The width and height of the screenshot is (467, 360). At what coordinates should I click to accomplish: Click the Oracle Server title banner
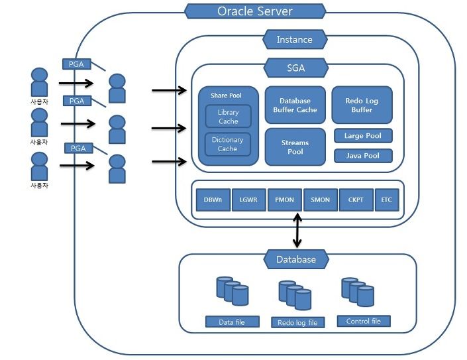click(x=255, y=11)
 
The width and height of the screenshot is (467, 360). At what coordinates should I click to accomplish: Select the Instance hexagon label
click(x=295, y=39)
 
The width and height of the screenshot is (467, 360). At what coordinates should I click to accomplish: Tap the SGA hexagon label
click(x=296, y=68)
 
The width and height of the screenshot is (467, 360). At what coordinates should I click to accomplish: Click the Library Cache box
click(x=228, y=117)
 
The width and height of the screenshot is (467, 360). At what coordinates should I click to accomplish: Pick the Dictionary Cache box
click(x=228, y=145)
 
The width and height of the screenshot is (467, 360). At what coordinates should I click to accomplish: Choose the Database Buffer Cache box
click(x=295, y=105)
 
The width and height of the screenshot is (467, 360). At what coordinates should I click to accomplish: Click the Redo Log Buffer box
click(x=362, y=105)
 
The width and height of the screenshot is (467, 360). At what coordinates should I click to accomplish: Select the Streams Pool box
click(x=295, y=147)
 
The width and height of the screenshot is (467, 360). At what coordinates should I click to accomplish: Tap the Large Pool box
click(x=363, y=136)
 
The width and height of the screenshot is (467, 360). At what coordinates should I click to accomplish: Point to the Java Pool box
click(x=363, y=156)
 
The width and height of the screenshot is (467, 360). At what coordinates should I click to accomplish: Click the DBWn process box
click(x=213, y=200)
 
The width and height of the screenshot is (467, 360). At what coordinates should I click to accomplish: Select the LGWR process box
click(x=248, y=200)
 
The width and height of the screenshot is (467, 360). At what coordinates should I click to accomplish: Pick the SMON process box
click(x=321, y=200)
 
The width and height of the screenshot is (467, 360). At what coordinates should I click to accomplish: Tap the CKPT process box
click(x=356, y=200)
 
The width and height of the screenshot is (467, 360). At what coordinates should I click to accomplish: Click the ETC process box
click(x=387, y=200)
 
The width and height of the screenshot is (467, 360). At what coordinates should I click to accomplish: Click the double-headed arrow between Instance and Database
click(x=297, y=230)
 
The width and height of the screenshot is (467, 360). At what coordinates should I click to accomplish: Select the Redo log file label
click(x=298, y=322)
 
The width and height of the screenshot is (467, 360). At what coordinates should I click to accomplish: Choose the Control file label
click(x=364, y=321)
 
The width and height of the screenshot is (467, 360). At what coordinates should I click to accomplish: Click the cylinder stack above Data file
click(x=233, y=291)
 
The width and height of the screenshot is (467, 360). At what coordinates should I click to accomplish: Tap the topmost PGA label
click(x=77, y=64)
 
